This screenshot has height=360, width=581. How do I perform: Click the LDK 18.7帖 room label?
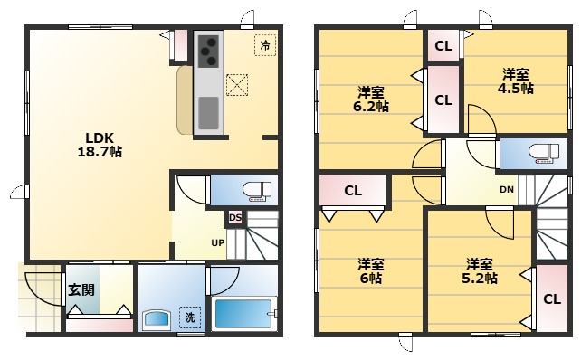pyautogui.click(x=100, y=145)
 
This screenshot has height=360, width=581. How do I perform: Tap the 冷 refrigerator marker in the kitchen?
pyautogui.click(x=265, y=45)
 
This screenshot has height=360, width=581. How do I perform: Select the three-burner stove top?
pyautogui.click(x=208, y=52)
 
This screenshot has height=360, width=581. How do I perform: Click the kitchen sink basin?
pyautogui.click(x=208, y=113)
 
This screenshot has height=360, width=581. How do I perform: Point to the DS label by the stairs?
pyautogui.click(x=235, y=218)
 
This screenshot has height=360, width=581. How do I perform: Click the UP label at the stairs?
pyautogui.click(x=217, y=243)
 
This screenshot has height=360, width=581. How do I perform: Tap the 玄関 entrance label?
pyautogui.click(x=81, y=290)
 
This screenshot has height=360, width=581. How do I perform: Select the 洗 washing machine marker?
pyautogui.click(x=190, y=317)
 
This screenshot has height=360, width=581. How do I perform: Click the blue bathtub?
pyautogui.click(x=243, y=314)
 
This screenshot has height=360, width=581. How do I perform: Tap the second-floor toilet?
pyautogui.click(x=544, y=153)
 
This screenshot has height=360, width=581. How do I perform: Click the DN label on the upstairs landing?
pyautogui.click(x=507, y=190)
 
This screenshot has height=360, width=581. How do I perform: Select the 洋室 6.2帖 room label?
pyautogui.click(x=370, y=99)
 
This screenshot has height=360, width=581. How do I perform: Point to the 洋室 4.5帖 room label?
pyautogui.click(x=516, y=81)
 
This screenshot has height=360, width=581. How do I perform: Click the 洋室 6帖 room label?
pyautogui.click(x=370, y=271)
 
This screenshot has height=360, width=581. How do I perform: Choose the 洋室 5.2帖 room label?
pyautogui.click(x=479, y=271)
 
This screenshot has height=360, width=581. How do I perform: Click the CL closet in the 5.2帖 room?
pyautogui.click(x=552, y=298)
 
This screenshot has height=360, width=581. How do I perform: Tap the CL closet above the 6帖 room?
pyautogui.click(x=353, y=191)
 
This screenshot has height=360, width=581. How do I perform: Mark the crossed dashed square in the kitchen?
pyautogui.click(x=237, y=85)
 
